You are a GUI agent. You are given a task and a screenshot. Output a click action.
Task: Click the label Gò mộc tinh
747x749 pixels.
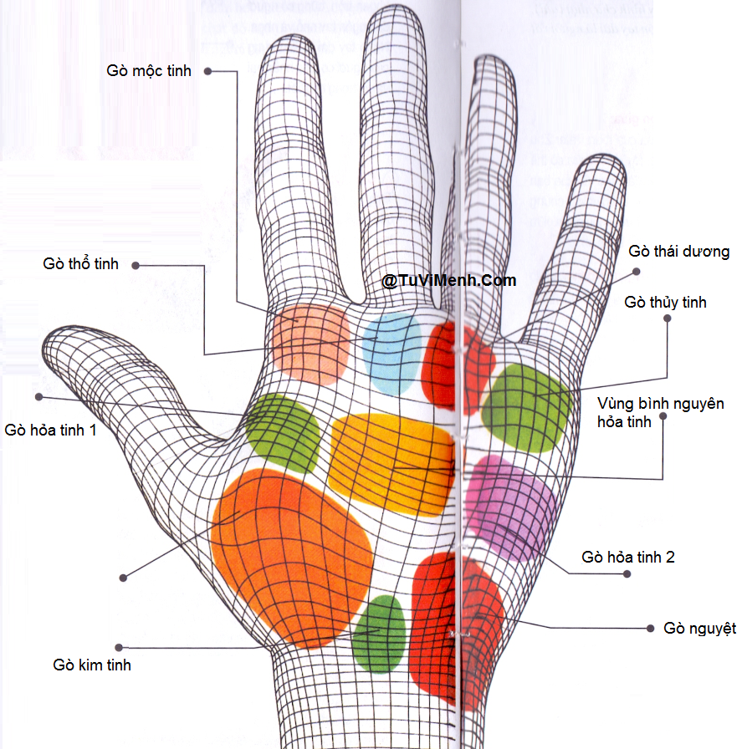[149, 71]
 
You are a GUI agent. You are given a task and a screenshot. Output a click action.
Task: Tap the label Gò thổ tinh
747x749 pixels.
[81, 264]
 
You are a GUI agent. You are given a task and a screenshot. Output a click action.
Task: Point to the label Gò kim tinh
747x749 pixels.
[92, 665]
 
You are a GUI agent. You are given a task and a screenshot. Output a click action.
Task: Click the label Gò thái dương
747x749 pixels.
[679, 252]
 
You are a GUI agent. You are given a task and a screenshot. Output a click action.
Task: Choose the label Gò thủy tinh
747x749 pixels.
[666, 303]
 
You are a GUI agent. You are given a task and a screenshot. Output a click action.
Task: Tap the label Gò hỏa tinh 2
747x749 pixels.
[628, 558]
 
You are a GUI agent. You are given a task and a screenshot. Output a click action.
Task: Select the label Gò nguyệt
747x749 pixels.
[700, 629]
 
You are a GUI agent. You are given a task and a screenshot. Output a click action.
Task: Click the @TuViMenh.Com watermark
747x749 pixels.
[449, 281]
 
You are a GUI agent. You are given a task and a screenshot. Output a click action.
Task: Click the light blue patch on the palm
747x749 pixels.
[391, 353]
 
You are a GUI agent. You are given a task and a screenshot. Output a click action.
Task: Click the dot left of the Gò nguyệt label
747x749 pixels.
[650, 628]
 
